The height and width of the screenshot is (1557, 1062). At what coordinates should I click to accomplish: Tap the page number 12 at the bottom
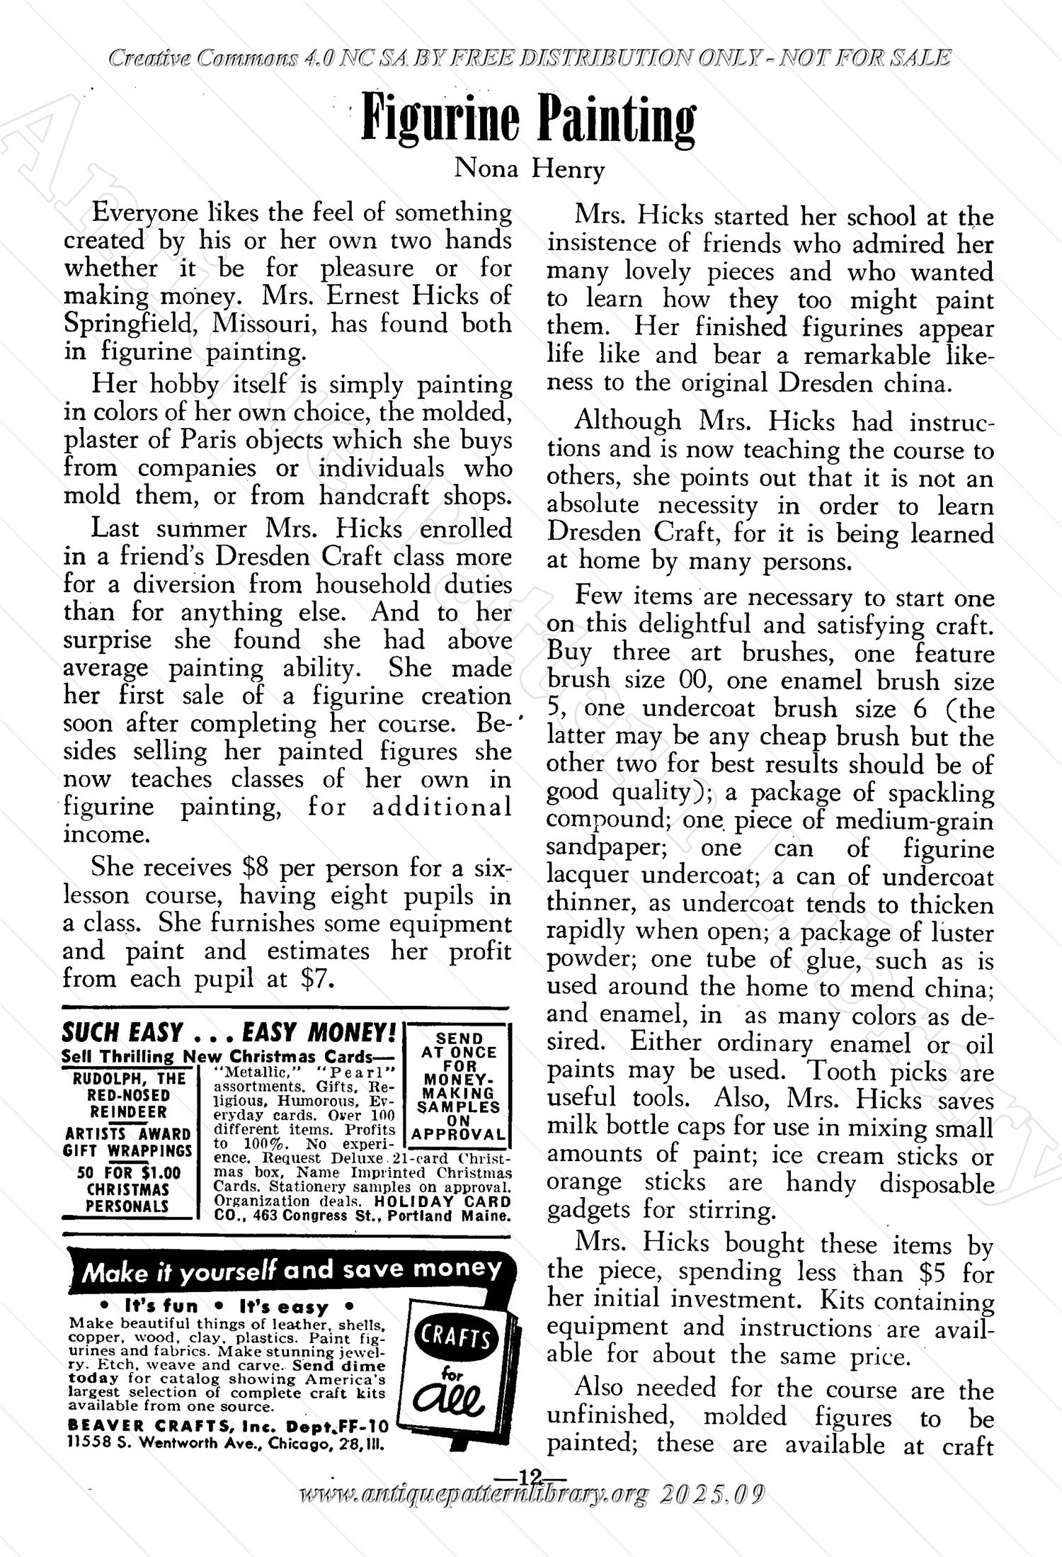(530, 1476)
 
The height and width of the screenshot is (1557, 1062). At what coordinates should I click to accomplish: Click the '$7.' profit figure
(316, 979)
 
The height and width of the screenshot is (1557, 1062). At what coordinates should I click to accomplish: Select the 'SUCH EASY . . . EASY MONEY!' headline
(229, 1031)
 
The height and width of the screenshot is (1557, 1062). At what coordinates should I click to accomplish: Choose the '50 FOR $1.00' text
(129, 1173)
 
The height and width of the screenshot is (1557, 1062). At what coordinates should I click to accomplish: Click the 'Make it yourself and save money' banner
(292, 1270)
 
